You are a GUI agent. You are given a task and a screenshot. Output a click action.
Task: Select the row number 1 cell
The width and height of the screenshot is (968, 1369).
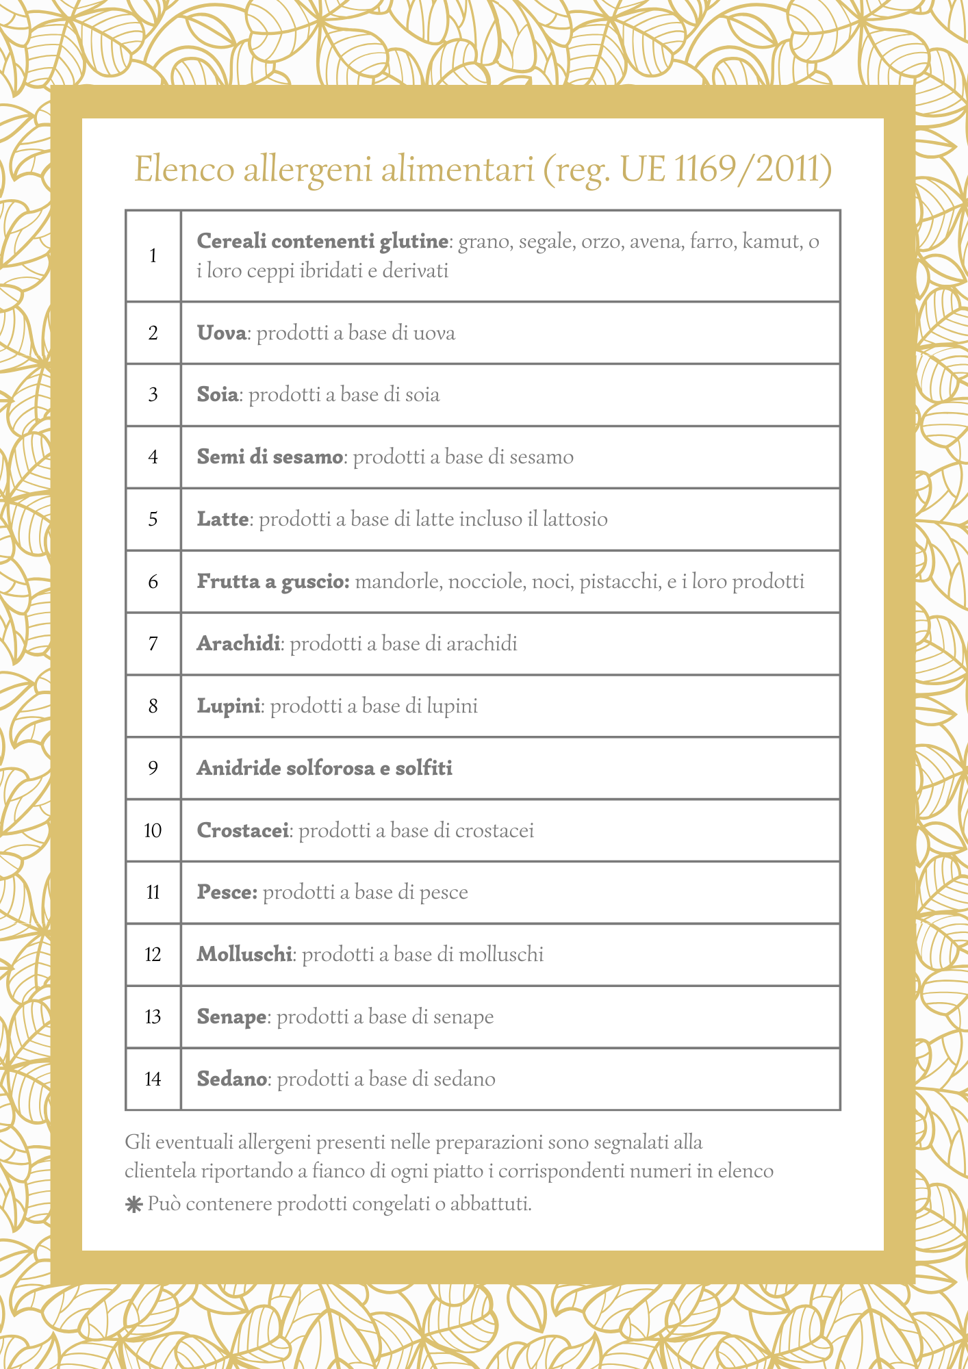point(153,256)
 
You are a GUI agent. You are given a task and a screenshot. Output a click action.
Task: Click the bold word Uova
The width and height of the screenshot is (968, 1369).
point(221,333)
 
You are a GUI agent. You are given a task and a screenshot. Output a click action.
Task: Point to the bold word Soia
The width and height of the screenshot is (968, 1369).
point(218,395)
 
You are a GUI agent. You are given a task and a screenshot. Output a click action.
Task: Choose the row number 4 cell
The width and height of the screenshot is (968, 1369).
point(153,457)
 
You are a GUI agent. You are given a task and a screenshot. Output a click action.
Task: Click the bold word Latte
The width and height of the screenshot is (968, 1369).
point(222,520)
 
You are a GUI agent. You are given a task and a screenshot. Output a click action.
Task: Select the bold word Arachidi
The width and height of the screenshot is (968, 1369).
point(238,644)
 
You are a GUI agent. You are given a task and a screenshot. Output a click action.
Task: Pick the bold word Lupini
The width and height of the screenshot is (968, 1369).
point(229,706)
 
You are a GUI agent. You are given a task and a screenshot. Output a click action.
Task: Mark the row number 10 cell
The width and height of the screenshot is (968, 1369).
point(153,831)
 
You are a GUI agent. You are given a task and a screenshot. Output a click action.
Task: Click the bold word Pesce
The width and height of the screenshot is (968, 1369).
point(227,893)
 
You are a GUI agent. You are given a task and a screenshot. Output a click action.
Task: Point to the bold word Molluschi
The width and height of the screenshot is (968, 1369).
point(244,955)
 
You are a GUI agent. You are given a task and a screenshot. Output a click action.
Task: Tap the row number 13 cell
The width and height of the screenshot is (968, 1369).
point(153,1017)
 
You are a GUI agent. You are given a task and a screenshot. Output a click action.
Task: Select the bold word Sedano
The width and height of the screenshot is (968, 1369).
point(231,1079)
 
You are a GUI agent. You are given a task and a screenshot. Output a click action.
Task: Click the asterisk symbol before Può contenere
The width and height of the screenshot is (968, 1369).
point(133,1205)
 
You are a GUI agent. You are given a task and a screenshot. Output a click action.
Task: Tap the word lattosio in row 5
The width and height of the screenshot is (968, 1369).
point(575,520)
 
